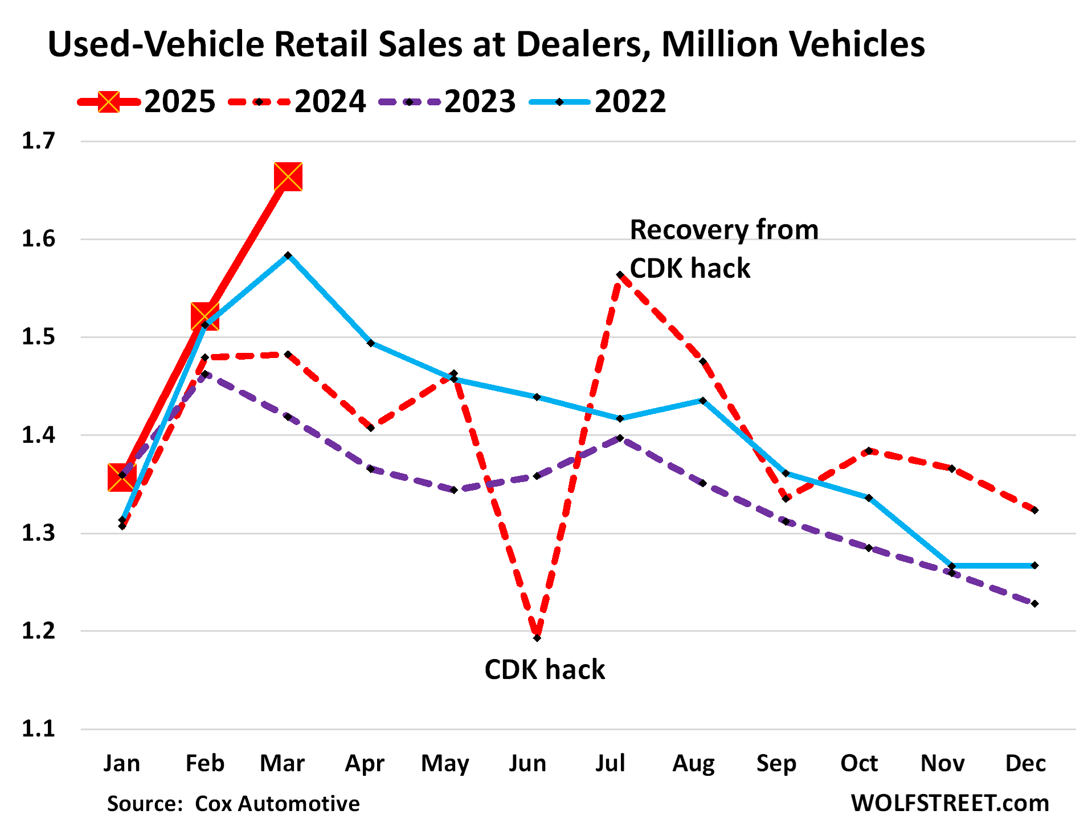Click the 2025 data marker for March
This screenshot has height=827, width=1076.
click(288, 176)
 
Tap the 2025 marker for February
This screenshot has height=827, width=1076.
click(205, 316)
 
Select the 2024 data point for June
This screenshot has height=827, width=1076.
click(537, 638)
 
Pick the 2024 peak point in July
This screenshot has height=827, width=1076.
click(620, 275)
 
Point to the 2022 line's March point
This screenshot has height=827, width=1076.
click(288, 256)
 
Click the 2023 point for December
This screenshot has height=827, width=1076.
click(1035, 604)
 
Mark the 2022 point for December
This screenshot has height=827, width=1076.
click(1035, 566)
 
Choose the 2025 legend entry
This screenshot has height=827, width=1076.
click(147, 102)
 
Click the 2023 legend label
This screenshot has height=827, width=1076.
click(480, 102)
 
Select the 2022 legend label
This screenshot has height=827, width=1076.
click(630, 102)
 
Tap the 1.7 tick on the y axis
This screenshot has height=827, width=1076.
click(39, 141)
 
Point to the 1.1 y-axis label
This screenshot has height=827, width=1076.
click(39, 729)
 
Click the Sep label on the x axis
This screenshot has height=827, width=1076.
click(776, 763)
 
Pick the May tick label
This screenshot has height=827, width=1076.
click(445, 763)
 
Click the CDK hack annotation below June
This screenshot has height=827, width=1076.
click(545, 670)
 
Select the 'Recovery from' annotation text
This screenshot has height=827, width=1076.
click(724, 231)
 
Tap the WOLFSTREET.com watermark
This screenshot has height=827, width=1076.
click(950, 803)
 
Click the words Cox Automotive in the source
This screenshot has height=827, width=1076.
click(277, 804)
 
